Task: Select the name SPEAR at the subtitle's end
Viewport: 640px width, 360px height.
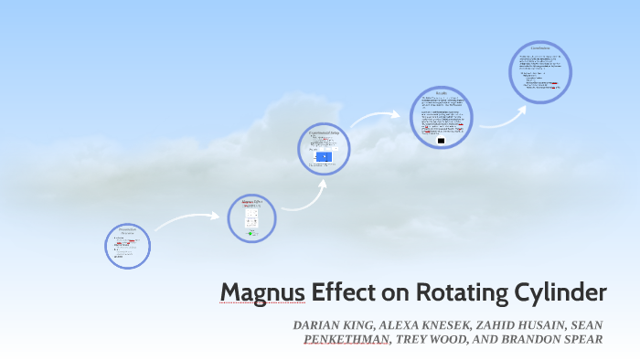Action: coord(581,339)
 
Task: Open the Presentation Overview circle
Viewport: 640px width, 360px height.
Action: coord(127,246)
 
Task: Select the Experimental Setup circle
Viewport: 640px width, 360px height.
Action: coord(325,148)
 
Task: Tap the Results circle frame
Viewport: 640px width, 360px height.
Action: coord(441,117)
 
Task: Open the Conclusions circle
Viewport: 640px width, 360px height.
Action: coord(539,69)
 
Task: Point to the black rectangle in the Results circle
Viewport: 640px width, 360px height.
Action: coord(442,141)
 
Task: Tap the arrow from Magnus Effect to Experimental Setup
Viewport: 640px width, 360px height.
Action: coord(306,195)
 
